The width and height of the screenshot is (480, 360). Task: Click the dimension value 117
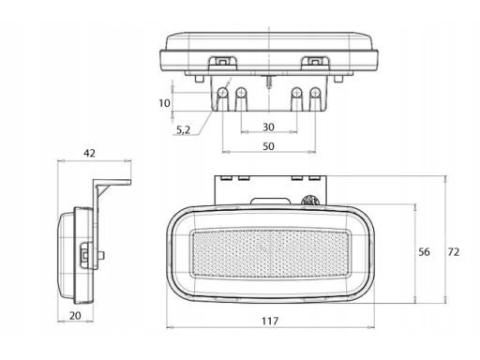pyautogui.click(x=270, y=321)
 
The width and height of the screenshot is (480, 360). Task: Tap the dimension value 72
pyautogui.click(x=454, y=252)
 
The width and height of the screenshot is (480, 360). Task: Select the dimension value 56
pyautogui.click(x=424, y=252)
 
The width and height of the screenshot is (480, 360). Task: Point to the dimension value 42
pyautogui.click(x=89, y=153)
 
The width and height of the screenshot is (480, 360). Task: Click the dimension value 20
pyautogui.click(x=75, y=316)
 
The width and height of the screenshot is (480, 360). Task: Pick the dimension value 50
pyautogui.click(x=268, y=146)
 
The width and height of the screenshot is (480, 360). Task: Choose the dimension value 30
pyautogui.click(x=268, y=127)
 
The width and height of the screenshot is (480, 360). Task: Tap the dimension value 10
pyautogui.click(x=164, y=103)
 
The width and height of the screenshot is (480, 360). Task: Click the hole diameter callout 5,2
pyautogui.click(x=183, y=130)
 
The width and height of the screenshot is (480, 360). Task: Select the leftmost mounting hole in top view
pyautogui.click(x=223, y=92)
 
